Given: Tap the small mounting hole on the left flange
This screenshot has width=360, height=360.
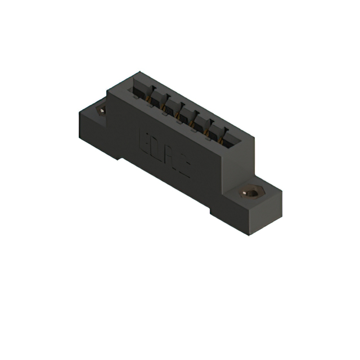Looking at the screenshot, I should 102,111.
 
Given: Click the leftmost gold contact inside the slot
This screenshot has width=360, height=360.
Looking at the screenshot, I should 149,101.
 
